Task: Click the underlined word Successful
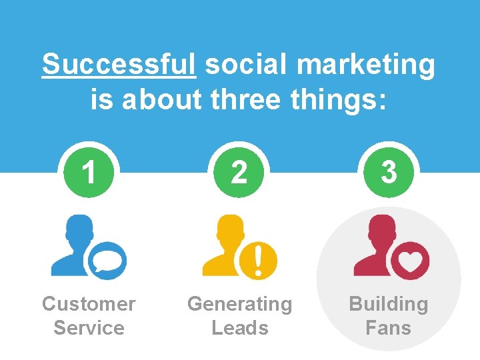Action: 119,65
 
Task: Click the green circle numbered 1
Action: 89,173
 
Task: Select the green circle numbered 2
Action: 239,173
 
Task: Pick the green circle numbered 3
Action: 389,173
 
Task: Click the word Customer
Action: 89,304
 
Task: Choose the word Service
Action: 89,328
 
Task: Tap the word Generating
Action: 239,304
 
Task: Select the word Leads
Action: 239,328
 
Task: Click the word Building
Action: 389,304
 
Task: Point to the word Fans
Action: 389,328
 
